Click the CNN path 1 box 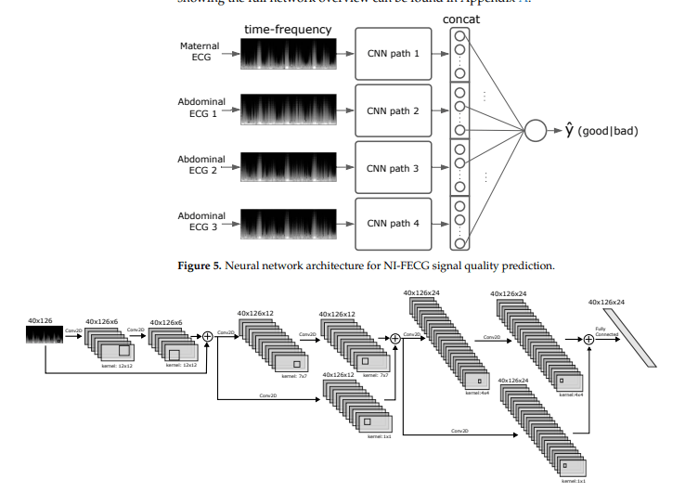394,54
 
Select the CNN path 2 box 394,110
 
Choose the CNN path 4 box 394,224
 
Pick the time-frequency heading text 288,30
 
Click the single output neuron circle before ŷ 536,130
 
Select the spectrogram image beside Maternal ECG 287,54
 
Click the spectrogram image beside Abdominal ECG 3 287,224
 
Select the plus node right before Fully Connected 588,340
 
